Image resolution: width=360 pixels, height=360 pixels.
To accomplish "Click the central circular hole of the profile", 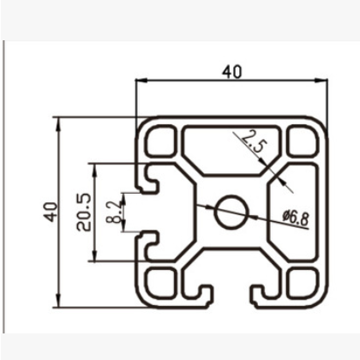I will tap(231, 211).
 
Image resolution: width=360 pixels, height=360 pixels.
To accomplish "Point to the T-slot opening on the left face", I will tap(141, 211).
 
